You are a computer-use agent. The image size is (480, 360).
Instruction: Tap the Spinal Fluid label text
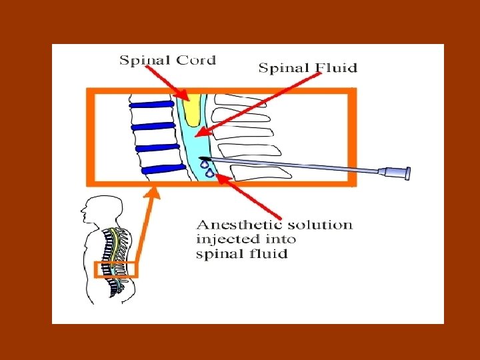307,67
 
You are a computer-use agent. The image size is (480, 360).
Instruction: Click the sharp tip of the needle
201,158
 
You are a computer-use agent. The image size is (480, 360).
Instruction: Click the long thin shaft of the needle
293,166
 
